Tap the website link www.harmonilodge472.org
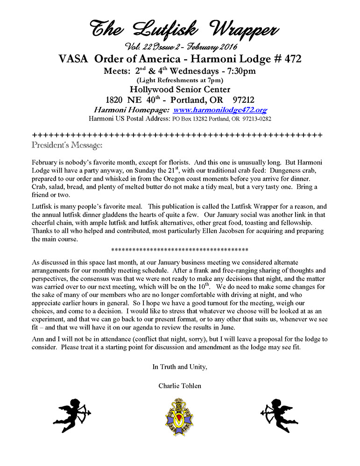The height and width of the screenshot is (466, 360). coord(219,110)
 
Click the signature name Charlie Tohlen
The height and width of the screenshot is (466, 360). coord(180,385)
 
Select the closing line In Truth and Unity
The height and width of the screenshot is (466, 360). coord(180,367)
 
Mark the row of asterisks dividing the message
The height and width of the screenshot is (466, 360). coord(180,249)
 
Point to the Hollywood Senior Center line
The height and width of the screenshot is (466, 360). coord(180,90)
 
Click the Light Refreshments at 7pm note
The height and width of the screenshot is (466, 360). coord(180,80)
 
